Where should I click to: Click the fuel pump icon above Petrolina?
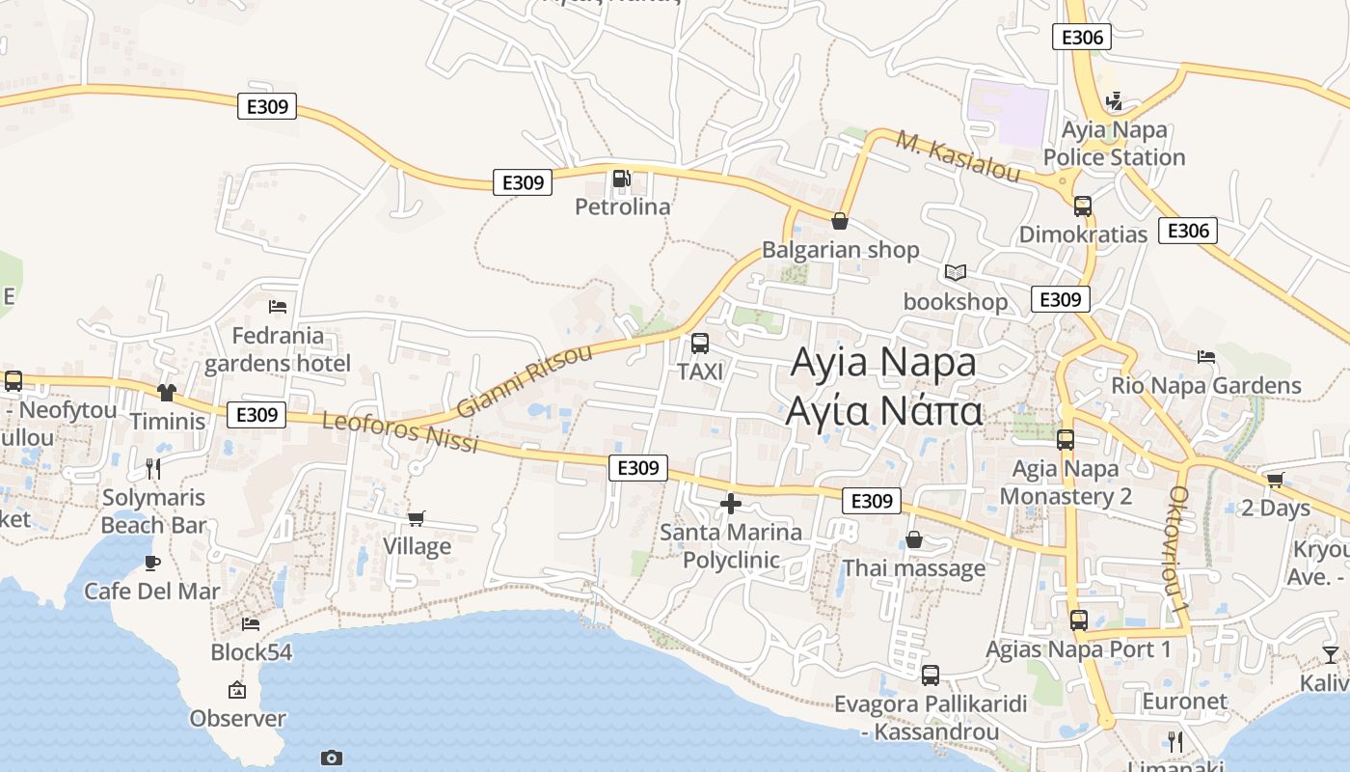[621, 179]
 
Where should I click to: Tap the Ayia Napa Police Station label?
[1114, 144]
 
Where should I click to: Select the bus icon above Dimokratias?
[1082, 206]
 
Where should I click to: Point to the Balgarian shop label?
[840, 250]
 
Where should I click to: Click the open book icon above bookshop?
[955, 273]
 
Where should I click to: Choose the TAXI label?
[700, 372]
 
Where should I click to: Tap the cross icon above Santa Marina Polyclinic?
[730, 503]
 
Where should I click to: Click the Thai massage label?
[913, 568]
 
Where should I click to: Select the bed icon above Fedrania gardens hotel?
[278, 307]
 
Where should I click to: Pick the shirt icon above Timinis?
[167, 392]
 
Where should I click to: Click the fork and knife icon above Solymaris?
[152, 469]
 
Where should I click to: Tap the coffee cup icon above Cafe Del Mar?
[151, 562]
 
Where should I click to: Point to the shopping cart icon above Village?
[417, 518]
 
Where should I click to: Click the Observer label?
[237, 719]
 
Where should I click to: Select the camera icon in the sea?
[331, 758]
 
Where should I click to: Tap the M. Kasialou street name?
[958, 155]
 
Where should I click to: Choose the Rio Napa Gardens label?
[1205, 386]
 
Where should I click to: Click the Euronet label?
[1184, 702]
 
